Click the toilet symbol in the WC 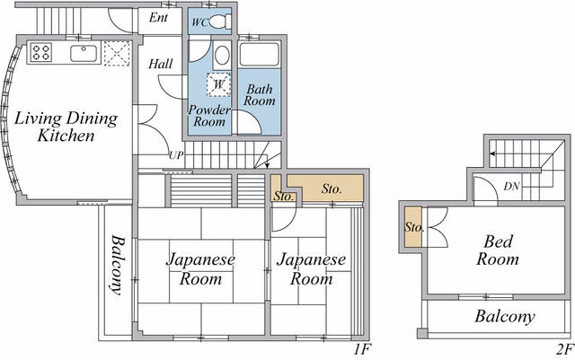(x=220, y=22)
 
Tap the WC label (x=199, y=22)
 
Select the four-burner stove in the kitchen (x=40, y=52)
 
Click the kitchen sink (x=84, y=54)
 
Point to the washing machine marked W (x=218, y=84)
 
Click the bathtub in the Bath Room (x=260, y=54)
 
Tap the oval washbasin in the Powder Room (x=222, y=56)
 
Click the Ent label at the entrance (x=158, y=18)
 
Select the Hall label (x=160, y=64)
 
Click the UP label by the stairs (x=176, y=155)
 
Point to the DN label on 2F (x=511, y=186)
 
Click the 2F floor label (x=564, y=350)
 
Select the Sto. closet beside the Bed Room (x=413, y=227)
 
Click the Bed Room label (x=498, y=250)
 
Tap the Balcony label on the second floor (x=505, y=316)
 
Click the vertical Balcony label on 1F (x=118, y=265)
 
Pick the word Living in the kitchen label (x=38, y=119)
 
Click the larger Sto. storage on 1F (x=325, y=189)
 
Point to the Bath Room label (x=260, y=94)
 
